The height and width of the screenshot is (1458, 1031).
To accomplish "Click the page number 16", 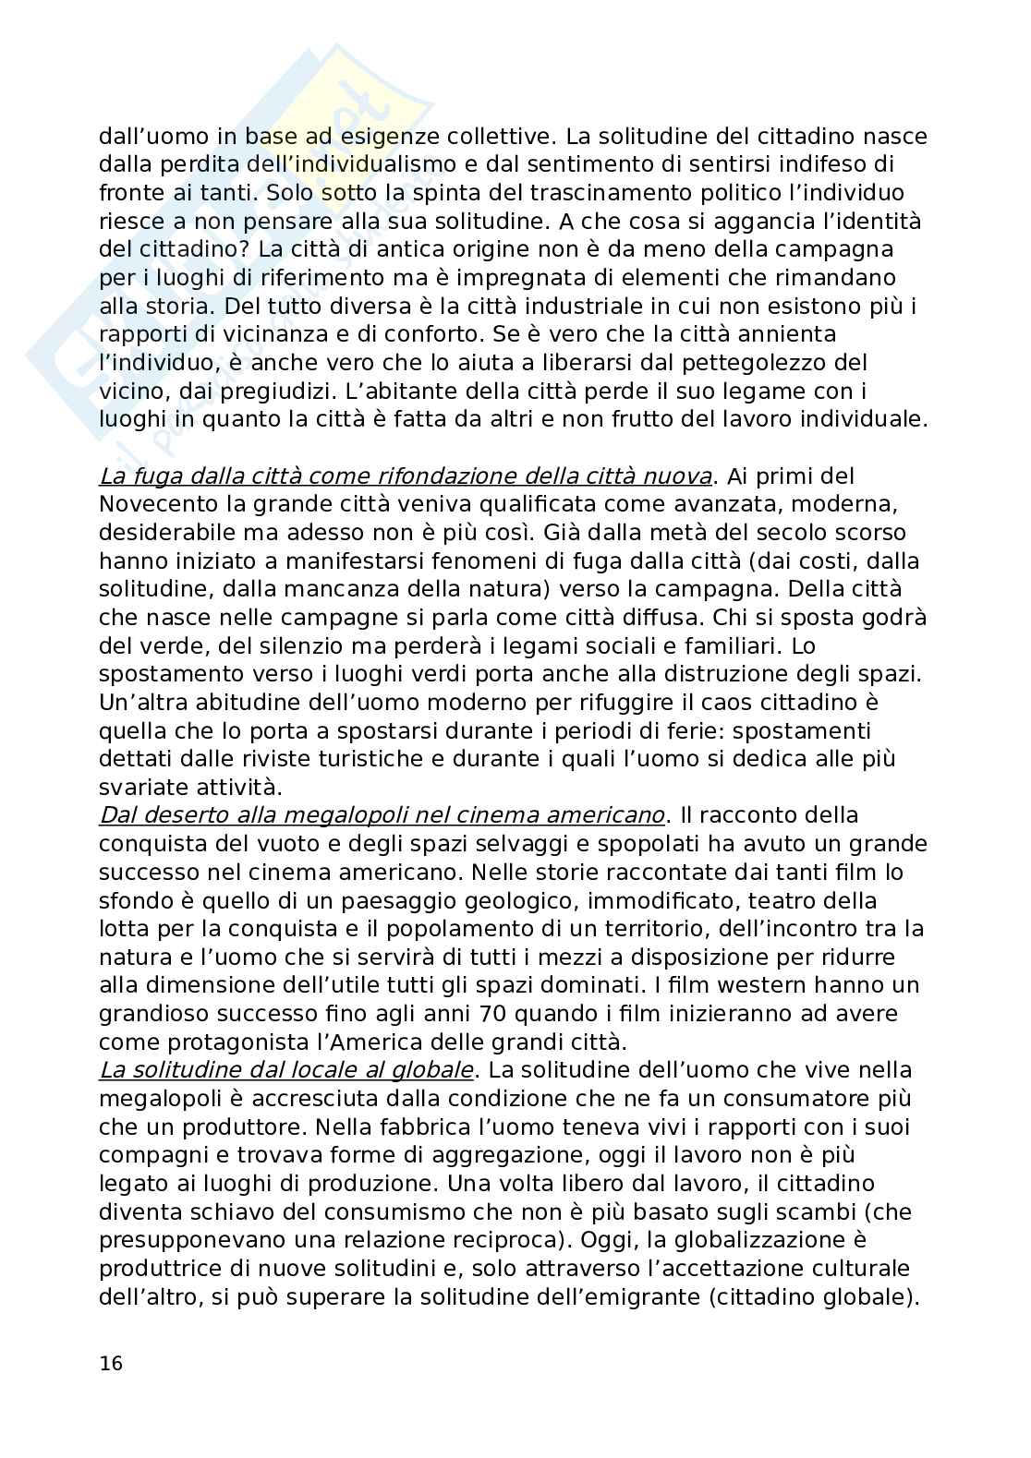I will (111, 1364).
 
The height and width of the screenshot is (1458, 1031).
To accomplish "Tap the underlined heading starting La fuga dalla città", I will (406, 476).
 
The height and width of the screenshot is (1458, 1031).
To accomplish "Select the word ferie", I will (697, 731).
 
